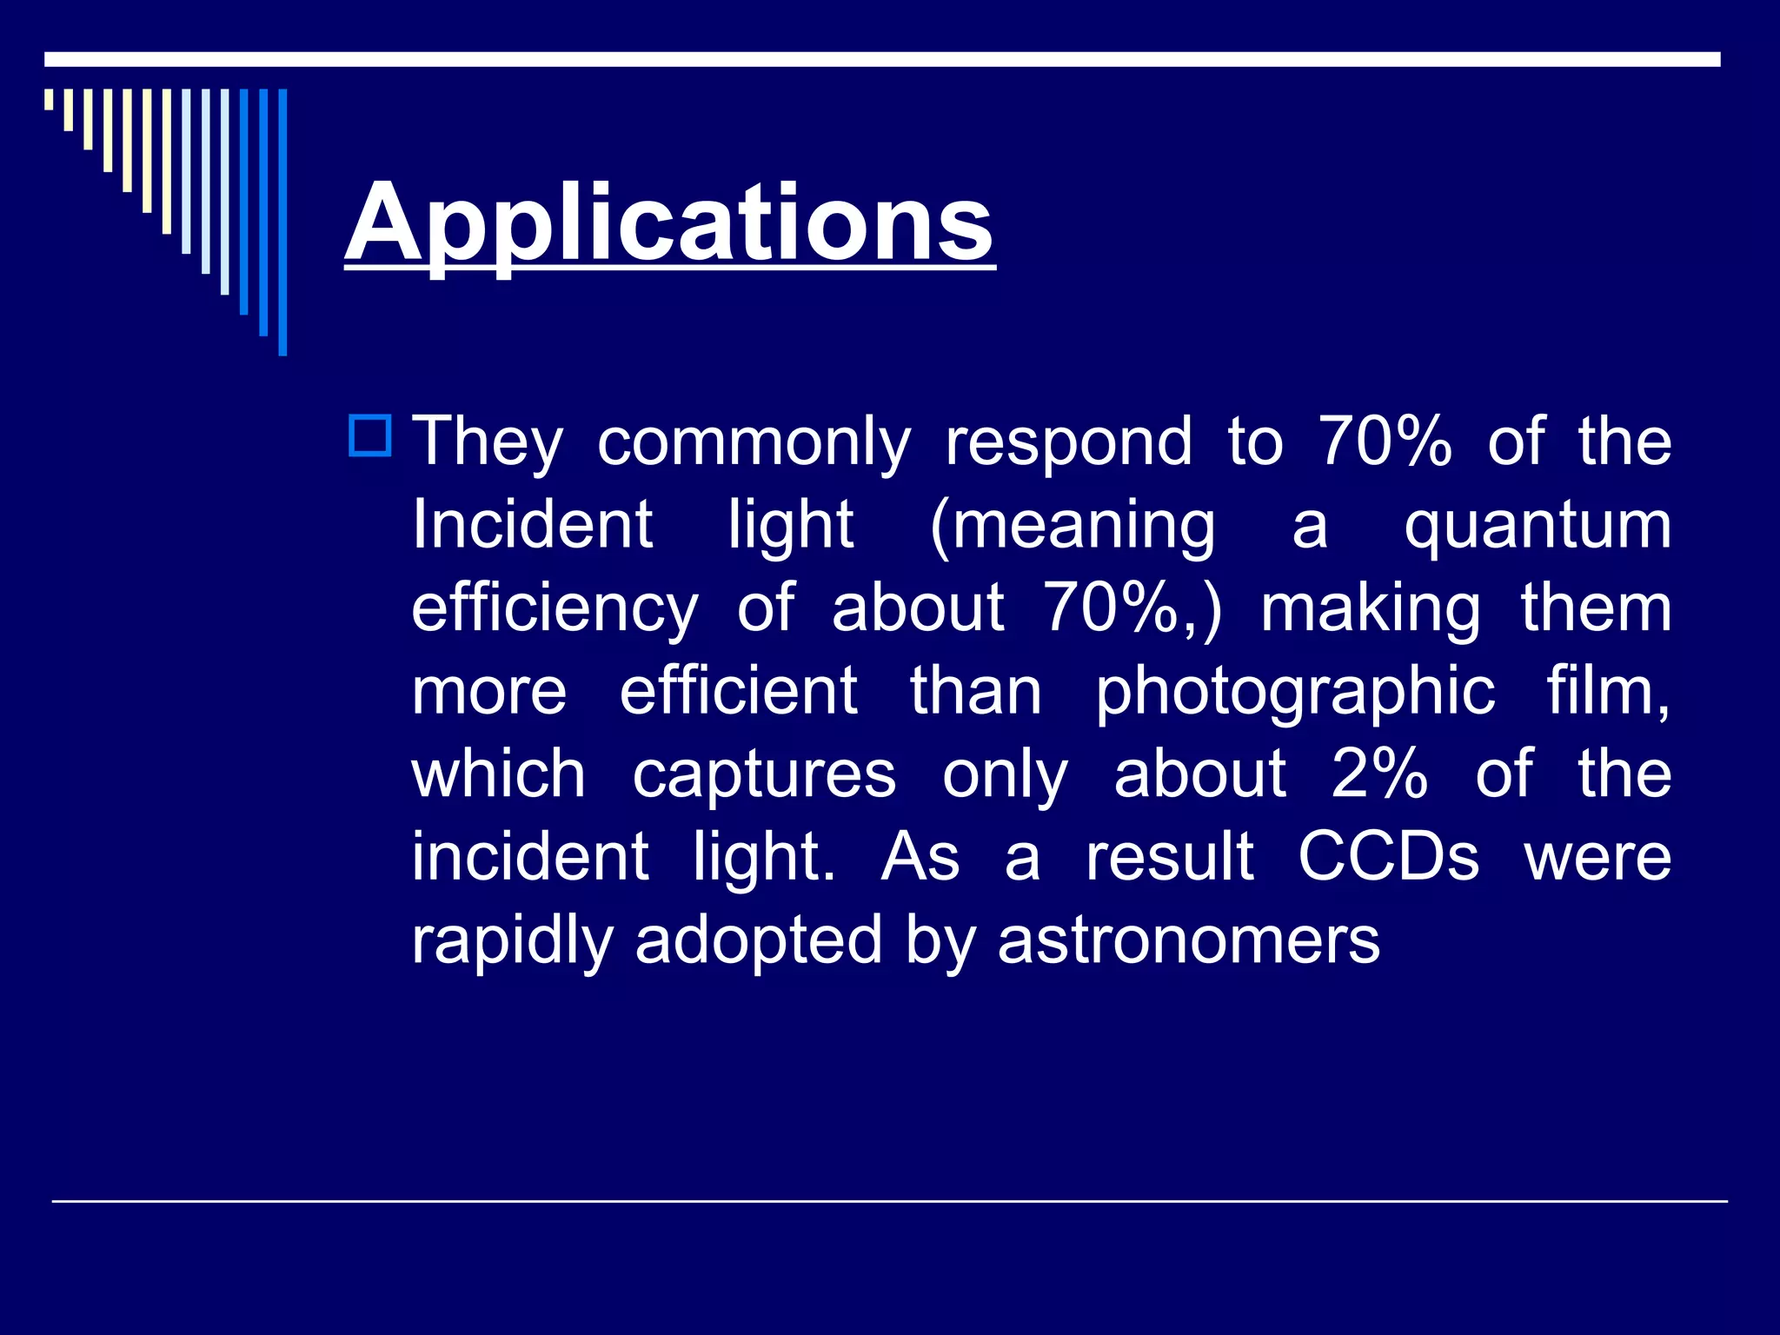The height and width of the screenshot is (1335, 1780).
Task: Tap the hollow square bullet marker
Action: coord(370,436)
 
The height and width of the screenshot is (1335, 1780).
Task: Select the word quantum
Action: coord(1538,527)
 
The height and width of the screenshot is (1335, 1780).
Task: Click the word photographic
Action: coord(1295,693)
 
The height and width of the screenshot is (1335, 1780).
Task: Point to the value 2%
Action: coord(1379,774)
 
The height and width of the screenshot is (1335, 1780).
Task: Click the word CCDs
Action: coord(1388,857)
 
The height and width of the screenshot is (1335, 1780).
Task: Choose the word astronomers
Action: coord(1188,940)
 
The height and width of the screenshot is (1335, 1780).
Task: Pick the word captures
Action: coord(764,775)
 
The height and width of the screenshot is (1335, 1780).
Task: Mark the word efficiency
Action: coord(555,610)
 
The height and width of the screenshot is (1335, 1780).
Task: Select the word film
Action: coord(1607,693)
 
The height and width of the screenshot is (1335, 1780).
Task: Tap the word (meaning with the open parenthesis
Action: coord(1073,527)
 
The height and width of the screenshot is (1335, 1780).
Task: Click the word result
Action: coord(1170,857)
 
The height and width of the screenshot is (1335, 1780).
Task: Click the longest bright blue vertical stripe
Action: coord(282,222)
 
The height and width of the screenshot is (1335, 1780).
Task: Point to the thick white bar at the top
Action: coord(882,59)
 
